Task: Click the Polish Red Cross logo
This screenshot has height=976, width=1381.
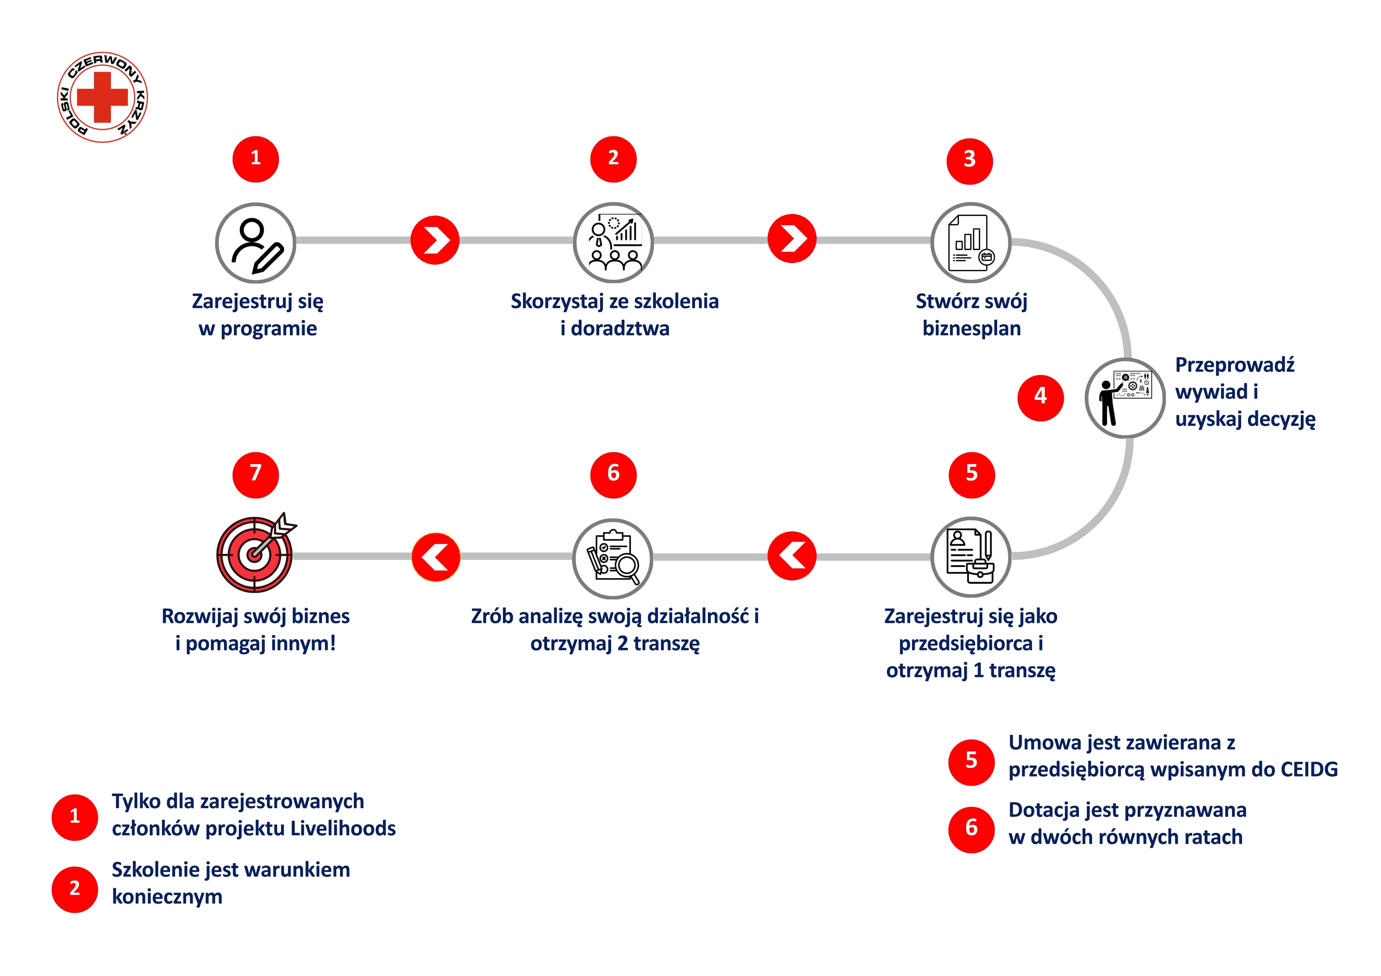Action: tap(102, 97)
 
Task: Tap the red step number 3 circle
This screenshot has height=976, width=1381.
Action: tap(969, 161)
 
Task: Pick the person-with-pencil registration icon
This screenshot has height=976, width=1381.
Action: tap(256, 243)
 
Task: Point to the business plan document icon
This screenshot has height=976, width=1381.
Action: tap(970, 243)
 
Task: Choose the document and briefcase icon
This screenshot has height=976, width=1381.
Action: tap(970, 557)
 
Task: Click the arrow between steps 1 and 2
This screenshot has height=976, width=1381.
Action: tap(435, 240)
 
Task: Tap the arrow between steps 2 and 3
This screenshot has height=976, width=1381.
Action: tap(792, 239)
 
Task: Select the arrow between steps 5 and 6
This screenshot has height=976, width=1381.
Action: tap(792, 556)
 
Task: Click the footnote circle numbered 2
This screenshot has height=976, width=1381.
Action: tap(74, 889)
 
